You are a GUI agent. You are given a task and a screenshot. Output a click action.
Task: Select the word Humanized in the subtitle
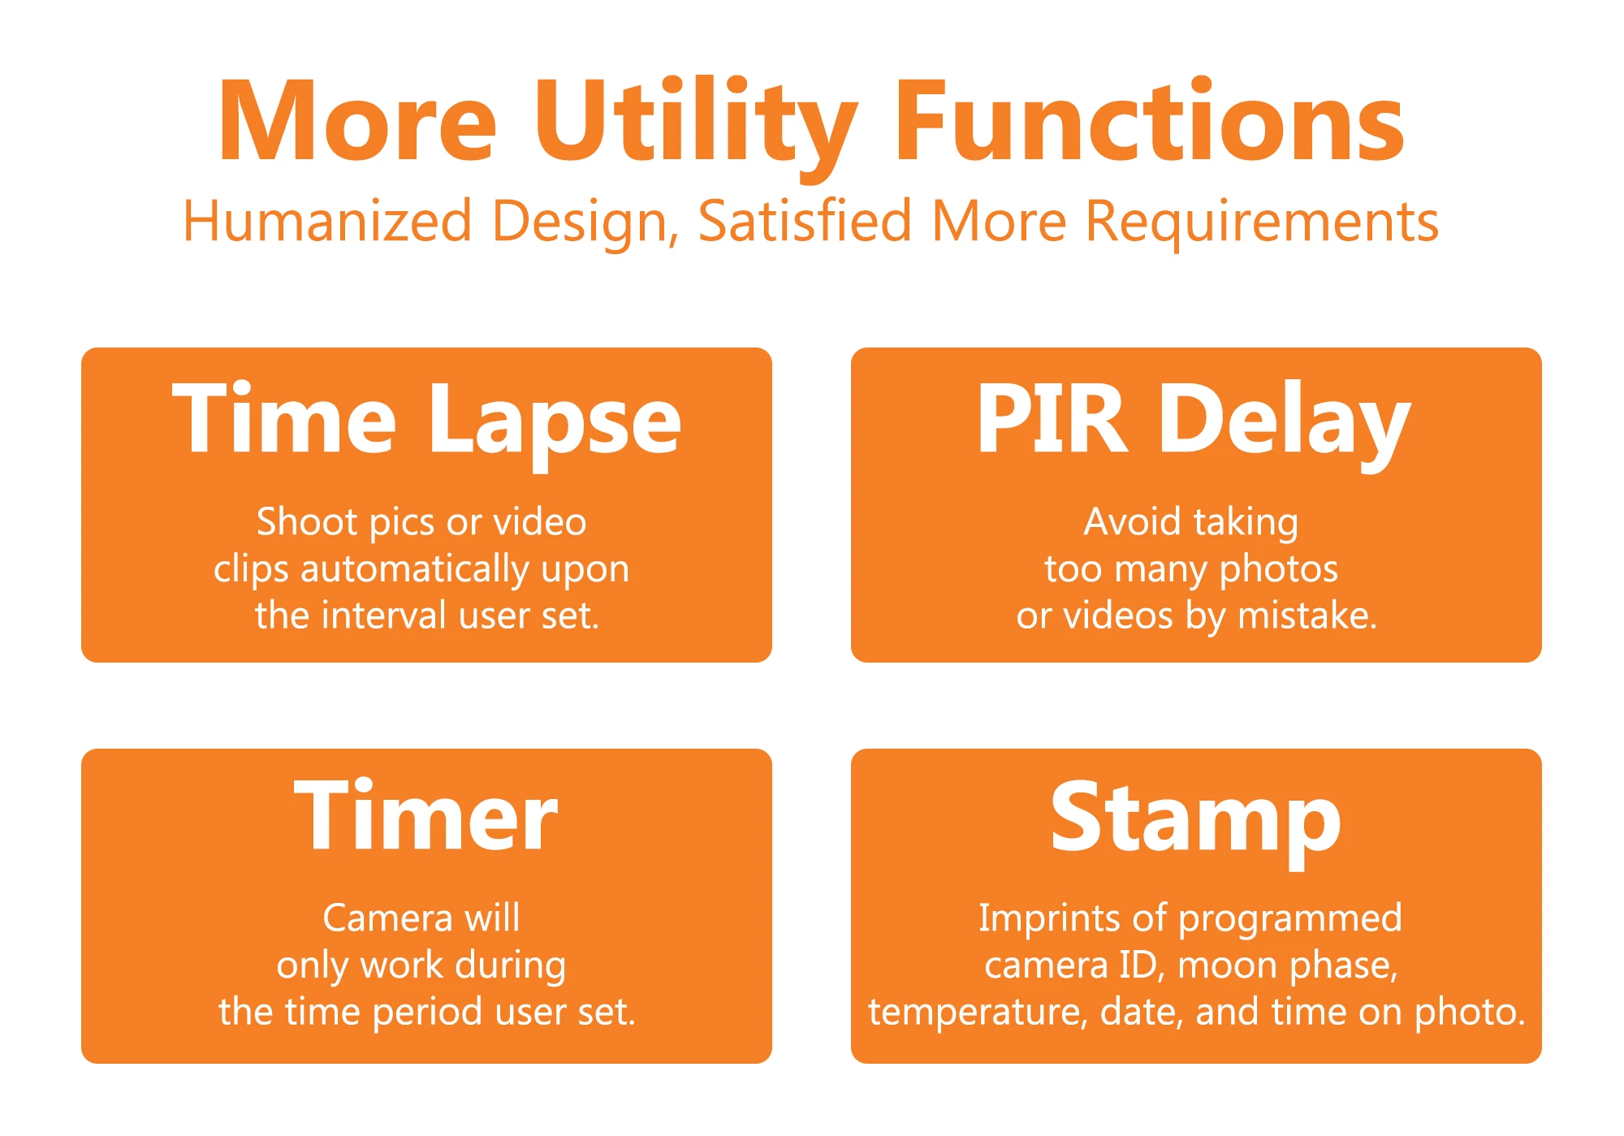tap(327, 221)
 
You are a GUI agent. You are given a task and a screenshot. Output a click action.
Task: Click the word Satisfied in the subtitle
tap(805, 221)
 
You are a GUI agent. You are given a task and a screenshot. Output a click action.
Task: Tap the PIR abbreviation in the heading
tap(1052, 419)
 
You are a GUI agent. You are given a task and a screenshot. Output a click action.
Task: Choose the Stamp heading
tap(1195, 820)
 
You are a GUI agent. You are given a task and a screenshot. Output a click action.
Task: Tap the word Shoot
tap(307, 521)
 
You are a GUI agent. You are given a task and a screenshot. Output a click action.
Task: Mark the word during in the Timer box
tap(510, 966)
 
